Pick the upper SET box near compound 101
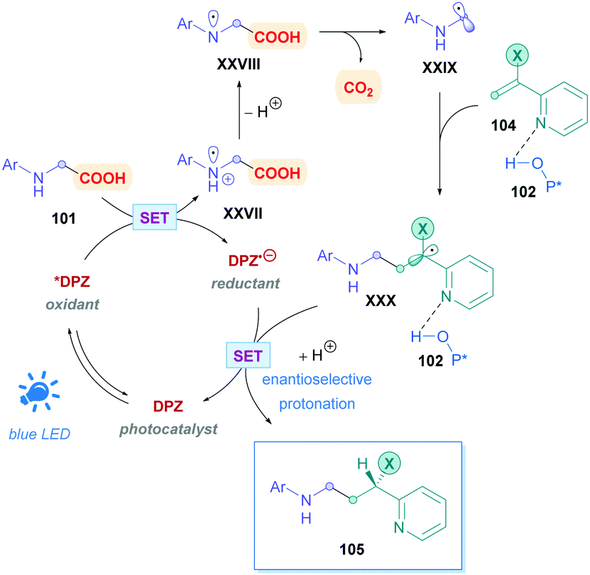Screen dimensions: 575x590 pyautogui.click(x=155, y=218)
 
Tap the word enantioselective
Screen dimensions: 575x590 pyautogui.click(x=317, y=379)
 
